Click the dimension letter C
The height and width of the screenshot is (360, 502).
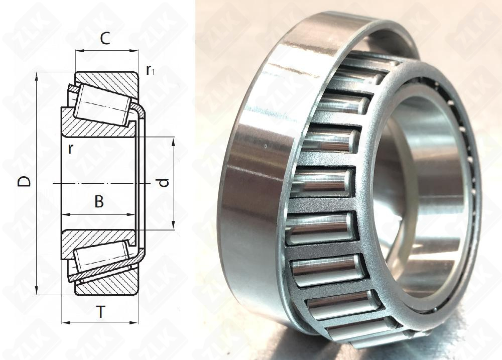tap(105, 39)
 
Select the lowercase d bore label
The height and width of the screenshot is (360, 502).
tap(164, 183)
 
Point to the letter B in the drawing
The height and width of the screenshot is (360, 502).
tap(99, 202)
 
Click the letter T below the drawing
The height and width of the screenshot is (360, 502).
tap(101, 312)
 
